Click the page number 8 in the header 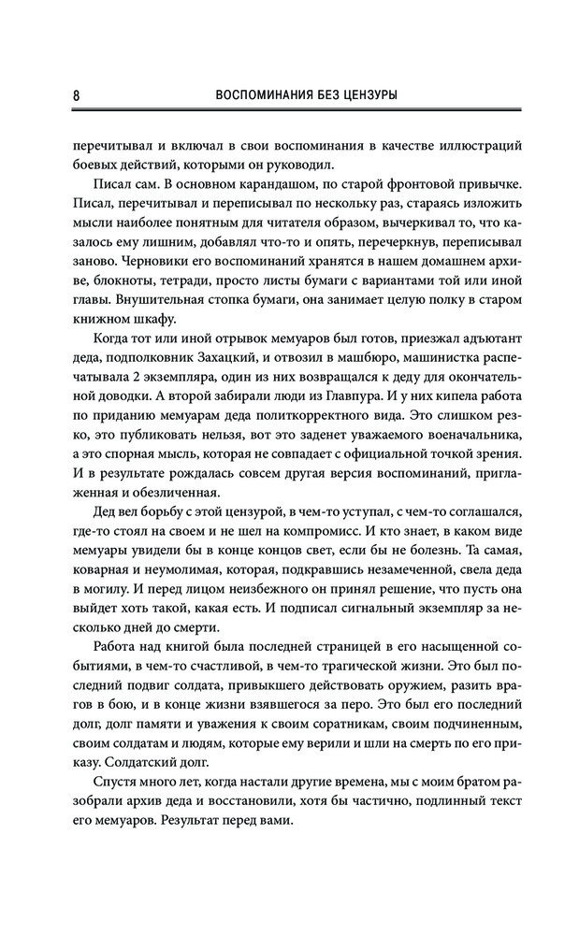pyautogui.click(x=62, y=95)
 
